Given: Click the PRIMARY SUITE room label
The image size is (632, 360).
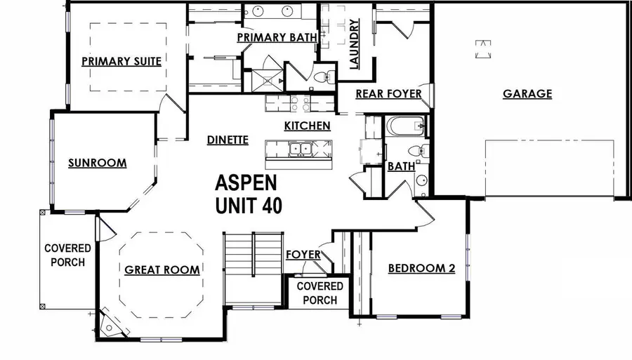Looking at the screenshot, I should click(121, 62).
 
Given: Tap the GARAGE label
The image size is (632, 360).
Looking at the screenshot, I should click(527, 94).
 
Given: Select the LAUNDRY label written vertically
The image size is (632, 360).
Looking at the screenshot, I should click(354, 44).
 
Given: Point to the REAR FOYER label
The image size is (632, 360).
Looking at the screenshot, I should click(388, 93).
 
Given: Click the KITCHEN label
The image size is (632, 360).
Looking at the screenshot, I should click(307, 126).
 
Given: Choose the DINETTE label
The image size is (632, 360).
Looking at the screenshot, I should click(228, 140).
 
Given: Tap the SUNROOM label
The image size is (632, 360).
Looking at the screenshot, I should click(97, 164).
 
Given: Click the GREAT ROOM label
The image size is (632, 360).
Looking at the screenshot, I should click(162, 269).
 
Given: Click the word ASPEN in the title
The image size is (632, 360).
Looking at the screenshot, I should click(246, 184).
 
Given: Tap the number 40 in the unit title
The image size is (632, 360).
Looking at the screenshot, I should click(265, 207).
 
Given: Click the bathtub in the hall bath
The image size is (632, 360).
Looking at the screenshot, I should click(406, 127).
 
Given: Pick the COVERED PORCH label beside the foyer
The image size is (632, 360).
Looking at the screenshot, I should click(320, 293).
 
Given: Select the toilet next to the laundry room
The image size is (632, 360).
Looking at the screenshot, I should click(322, 75).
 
